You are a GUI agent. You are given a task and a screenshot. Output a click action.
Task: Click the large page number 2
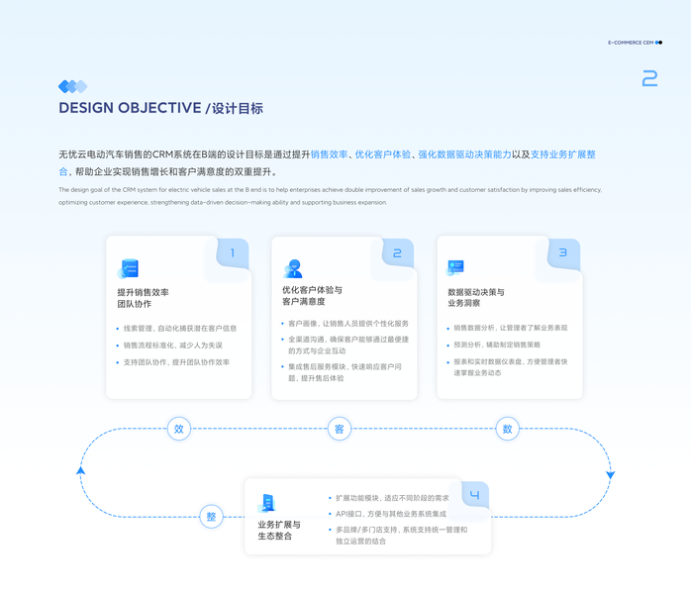[649, 79]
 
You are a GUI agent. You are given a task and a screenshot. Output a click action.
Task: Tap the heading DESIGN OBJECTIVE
[130, 108]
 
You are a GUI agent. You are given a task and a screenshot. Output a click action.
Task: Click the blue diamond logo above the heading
[72, 86]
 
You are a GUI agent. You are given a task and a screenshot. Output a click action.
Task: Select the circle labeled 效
[179, 429]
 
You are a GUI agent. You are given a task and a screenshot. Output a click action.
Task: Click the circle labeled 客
[339, 429]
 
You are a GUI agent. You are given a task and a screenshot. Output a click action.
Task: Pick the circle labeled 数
[508, 429]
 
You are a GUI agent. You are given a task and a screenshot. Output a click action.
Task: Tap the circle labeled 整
[210, 517]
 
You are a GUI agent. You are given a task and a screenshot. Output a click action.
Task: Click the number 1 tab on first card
[233, 253]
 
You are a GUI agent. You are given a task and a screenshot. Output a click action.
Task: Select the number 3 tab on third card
[562, 253]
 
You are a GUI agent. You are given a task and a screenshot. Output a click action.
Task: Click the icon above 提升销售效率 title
[128, 268]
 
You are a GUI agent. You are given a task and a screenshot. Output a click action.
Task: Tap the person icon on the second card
[293, 268]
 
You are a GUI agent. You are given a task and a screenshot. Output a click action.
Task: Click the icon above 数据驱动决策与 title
[455, 267]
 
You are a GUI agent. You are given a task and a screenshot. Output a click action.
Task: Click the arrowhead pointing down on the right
[610, 475]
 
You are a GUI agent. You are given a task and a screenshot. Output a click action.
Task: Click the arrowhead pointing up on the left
[81, 469]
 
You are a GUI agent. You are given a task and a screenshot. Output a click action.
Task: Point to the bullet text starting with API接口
[390, 514]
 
